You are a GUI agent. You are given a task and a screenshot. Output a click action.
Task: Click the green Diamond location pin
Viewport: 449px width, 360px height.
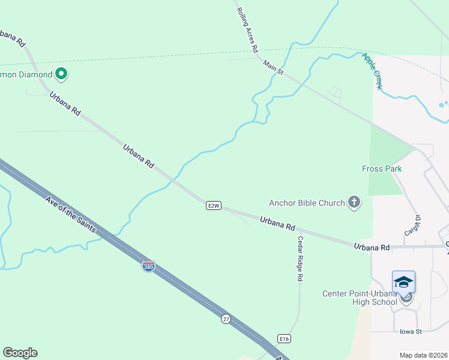click(x=61, y=74)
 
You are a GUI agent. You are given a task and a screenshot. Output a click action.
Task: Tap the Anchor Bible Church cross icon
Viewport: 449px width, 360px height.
click(x=354, y=203)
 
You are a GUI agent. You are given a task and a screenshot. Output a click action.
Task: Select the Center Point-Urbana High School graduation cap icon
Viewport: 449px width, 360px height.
click(x=403, y=282)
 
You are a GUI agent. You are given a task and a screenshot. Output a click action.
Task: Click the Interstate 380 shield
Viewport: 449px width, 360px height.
click(x=148, y=266)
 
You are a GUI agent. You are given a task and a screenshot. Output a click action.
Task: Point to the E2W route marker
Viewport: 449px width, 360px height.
click(x=213, y=205)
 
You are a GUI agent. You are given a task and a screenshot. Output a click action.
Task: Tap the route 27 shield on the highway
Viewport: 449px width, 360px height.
click(x=225, y=319)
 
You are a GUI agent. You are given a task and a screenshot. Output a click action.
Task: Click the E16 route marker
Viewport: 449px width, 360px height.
click(x=284, y=339)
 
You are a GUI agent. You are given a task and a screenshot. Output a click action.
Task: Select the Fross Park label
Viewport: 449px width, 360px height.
click(x=382, y=169)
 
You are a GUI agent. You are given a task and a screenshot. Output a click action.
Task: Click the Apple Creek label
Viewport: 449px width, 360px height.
click(x=371, y=71)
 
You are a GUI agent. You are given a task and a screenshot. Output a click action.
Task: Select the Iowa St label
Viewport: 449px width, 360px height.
click(x=411, y=331)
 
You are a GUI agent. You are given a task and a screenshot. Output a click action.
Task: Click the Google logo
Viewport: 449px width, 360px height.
click(x=20, y=353)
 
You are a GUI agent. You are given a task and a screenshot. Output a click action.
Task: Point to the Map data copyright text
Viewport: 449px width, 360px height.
click(x=424, y=355)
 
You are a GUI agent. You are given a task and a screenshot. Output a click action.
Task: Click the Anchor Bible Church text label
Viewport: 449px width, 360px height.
click(x=307, y=203)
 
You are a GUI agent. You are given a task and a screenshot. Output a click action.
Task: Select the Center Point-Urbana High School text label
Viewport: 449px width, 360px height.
click(x=360, y=298)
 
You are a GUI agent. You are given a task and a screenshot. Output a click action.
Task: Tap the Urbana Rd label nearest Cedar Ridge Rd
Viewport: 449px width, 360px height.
click(x=278, y=224)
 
